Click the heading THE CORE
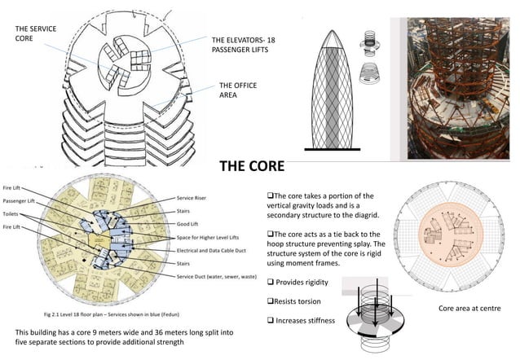pyautogui.click(x=252, y=166)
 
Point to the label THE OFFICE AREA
pyautogui.click(x=234, y=90)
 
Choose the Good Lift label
pyautogui.click(x=190, y=222)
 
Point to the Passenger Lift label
pyautogui.click(x=20, y=200)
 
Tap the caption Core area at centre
pyautogui.click(x=468, y=309)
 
